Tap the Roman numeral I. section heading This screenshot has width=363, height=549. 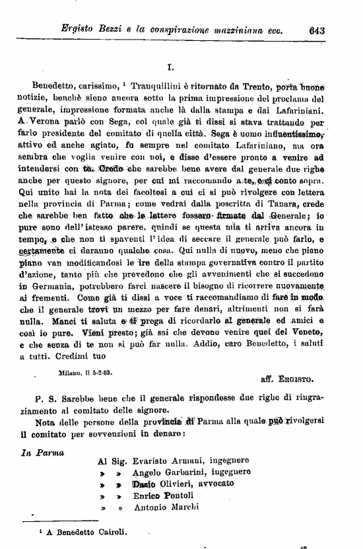pos(170,67)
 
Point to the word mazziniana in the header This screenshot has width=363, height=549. pos(244,28)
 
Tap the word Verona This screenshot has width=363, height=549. pos(49,122)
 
